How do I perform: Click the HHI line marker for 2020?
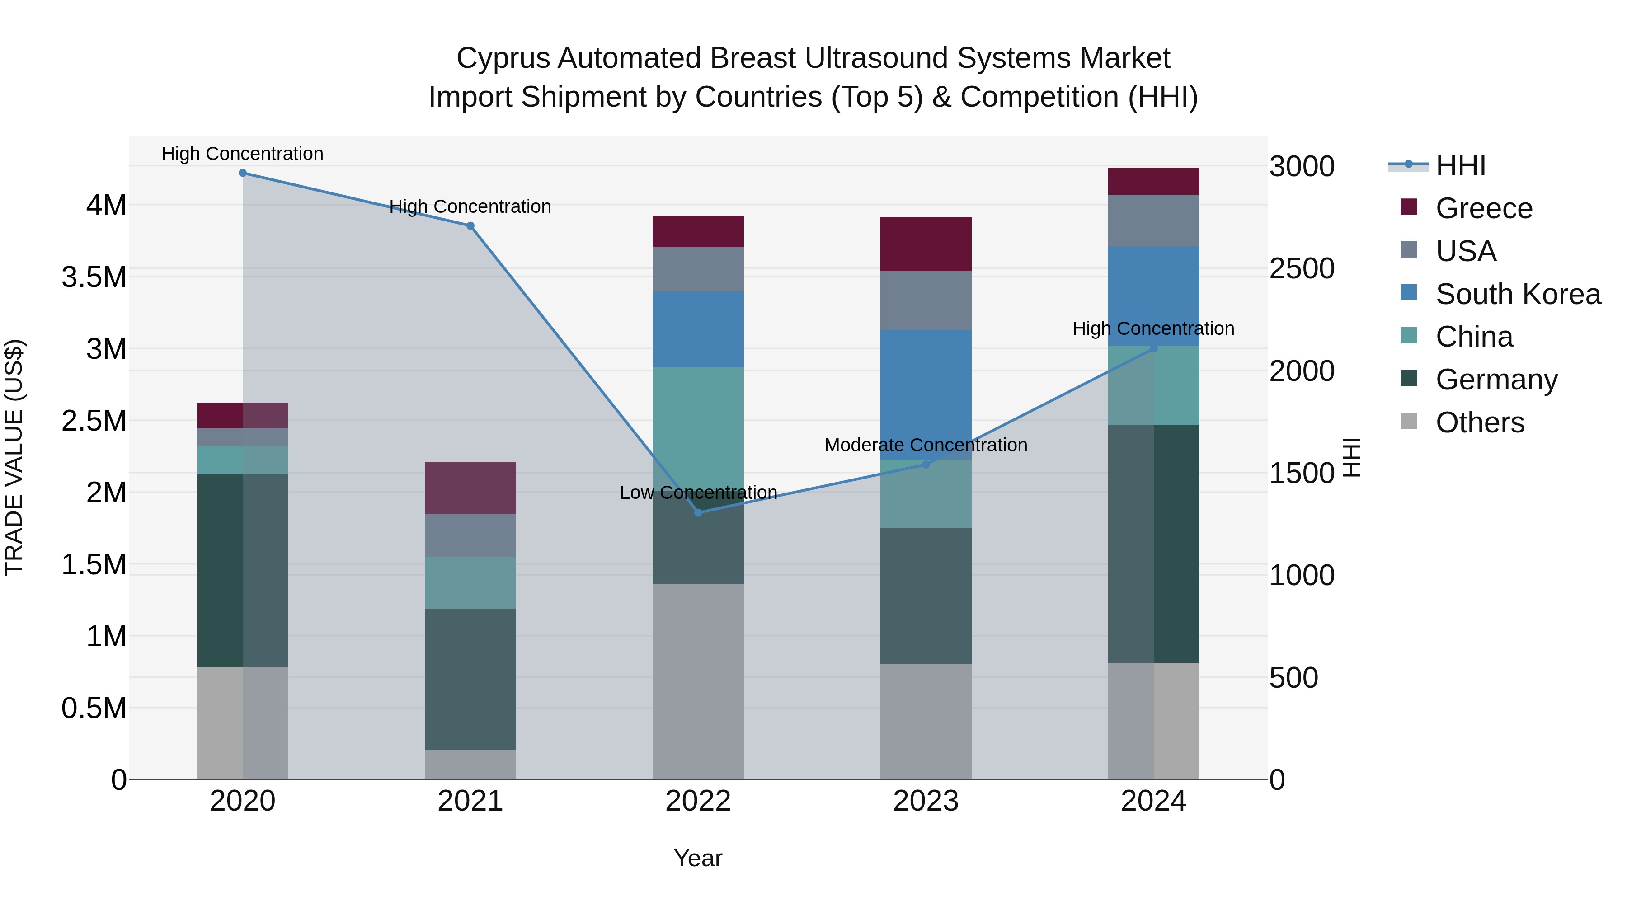[x=243, y=173]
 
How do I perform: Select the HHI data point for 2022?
[x=698, y=513]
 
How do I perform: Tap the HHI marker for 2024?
[x=1153, y=348]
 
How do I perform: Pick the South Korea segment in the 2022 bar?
[x=698, y=329]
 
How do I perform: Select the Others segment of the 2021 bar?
[x=470, y=764]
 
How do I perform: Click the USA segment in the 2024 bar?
[x=1153, y=221]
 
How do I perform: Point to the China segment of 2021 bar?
[x=470, y=582]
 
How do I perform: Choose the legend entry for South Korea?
[x=1518, y=294]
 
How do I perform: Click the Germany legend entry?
[x=1496, y=380]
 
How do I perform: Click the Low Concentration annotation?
[x=698, y=493]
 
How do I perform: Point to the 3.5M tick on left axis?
[x=94, y=277]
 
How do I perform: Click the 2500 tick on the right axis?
[x=1302, y=269]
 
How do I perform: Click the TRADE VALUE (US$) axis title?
[x=14, y=457]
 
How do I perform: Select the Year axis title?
[x=698, y=858]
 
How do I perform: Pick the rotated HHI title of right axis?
[x=1351, y=457]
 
